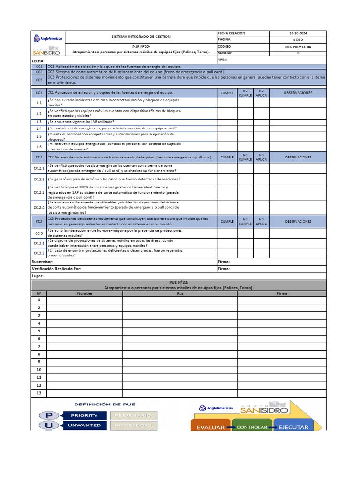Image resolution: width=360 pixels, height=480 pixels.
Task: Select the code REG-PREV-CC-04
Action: (298, 47)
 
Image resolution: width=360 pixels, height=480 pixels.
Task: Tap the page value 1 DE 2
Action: (298, 40)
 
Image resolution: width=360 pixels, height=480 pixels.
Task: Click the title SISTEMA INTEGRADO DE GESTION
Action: (141, 37)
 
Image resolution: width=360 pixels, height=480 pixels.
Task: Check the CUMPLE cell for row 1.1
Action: (227, 103)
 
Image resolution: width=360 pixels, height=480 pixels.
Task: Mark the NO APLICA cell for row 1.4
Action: (262, 128)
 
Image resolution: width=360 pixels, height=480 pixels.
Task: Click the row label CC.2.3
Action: (39, 192)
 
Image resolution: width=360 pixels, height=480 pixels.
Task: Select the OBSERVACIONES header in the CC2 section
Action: (298, 157)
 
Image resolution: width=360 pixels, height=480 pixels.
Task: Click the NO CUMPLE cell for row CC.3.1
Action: (245, 243)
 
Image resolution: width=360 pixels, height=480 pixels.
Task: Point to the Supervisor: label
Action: (42, 261)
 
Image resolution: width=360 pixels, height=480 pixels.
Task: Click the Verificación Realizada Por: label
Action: (56, 269)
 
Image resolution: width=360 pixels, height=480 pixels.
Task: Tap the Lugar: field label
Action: (37, 276)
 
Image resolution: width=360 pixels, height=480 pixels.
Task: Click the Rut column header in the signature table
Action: (180, 293)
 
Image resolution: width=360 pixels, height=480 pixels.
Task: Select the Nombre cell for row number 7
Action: (85, 346)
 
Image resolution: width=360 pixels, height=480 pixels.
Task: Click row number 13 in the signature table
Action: (39, 393)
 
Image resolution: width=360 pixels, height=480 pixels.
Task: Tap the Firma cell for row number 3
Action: (282, 315)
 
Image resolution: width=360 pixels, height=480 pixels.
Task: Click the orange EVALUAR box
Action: (210, 427)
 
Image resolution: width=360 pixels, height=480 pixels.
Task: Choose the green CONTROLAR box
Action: (252, 427)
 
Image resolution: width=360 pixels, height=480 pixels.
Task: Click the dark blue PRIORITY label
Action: (84, 415)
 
